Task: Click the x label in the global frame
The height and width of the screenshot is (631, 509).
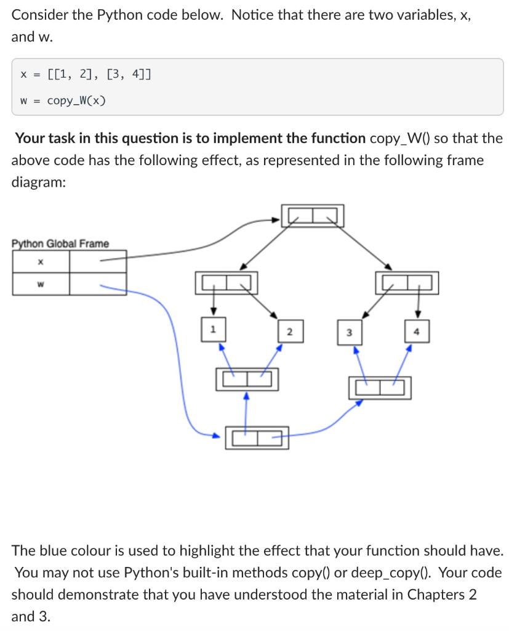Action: (x=40, y=261)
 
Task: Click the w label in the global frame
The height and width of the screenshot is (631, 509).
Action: (x=40, y=284)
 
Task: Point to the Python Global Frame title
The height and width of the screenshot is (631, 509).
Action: (x=60, y=243)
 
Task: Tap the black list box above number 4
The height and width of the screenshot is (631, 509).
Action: (x=407, y=283)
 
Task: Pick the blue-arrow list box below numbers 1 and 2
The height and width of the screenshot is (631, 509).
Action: (x=246, y=379)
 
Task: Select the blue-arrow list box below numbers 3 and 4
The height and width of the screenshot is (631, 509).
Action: (x=380, y=388)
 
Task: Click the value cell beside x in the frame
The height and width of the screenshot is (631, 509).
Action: (x=98, y=261)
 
